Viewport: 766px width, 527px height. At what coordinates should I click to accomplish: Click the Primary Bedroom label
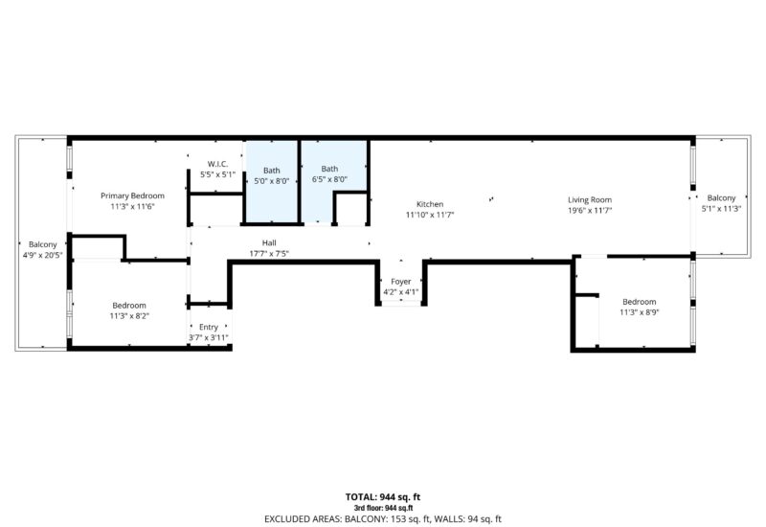click(132, 195)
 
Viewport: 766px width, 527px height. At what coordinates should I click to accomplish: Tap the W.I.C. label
click(216, 164)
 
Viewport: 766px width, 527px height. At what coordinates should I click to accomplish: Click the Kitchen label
click(430, 204)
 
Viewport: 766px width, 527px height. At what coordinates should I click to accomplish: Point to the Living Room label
click(590, 199)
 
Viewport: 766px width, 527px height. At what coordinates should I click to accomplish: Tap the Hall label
click(269, 242)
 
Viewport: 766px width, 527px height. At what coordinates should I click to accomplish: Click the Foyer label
click(401, 282)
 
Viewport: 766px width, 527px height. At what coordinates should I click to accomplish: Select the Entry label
click(209, 327)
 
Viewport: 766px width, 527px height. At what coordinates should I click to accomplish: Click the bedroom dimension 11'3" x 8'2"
click(129, 315)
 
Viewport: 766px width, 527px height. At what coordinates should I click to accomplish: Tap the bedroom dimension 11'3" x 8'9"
click(640, 311)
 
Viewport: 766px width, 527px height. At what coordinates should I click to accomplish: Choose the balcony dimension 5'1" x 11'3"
click(722, 208)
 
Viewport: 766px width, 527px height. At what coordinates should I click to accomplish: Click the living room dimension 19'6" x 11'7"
click(590, 210)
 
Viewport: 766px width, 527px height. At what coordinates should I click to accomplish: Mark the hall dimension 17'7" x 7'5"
click(269, 254)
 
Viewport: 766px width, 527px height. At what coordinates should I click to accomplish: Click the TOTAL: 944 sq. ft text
click(382, 497)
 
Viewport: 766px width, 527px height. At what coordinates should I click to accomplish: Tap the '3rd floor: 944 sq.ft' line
click(382, 507)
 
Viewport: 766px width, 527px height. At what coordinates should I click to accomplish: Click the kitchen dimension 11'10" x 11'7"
click(430, 215)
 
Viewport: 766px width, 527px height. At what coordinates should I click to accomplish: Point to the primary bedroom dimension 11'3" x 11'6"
click(132, 206)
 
